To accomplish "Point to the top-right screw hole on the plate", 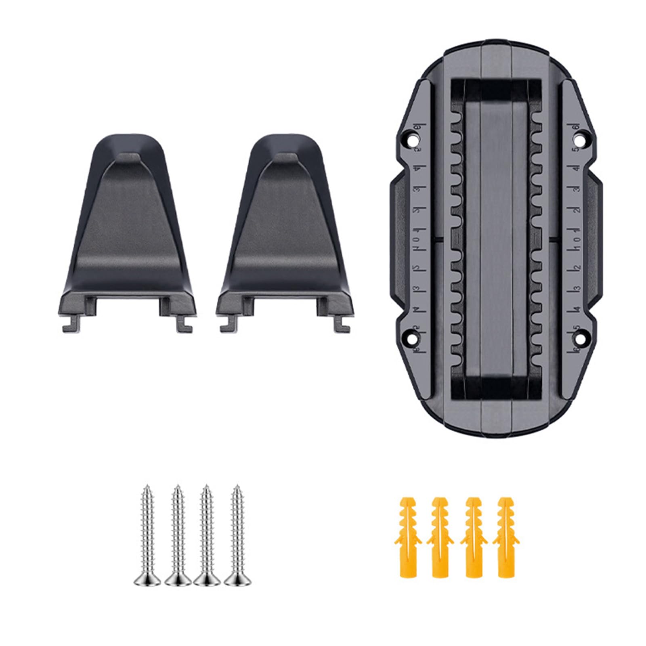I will [580, 141].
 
